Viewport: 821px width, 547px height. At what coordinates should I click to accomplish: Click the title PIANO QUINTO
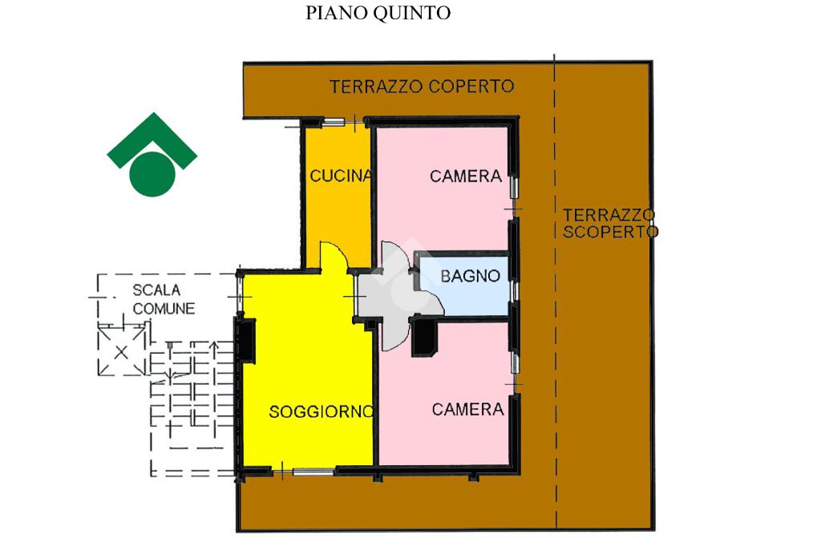(x=378, y=14)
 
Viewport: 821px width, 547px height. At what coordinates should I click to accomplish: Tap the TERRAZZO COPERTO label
(x=422, y=87)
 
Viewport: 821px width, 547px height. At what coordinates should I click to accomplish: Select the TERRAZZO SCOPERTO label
(x=609, y=224)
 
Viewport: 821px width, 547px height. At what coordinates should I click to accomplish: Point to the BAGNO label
(x=471, y=277)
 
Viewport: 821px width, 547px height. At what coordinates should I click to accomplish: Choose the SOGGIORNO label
(x=321, y=412)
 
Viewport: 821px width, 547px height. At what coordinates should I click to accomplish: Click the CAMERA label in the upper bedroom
(x=466, y=176)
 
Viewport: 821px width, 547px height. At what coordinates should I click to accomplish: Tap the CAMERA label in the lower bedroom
(x=467, y=410)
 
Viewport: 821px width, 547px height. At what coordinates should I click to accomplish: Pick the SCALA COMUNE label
(x=164, y=299)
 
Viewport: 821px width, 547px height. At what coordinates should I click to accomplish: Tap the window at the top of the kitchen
(x=334, y=122)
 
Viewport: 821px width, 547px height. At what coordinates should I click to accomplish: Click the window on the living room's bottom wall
(x=313, y=472)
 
